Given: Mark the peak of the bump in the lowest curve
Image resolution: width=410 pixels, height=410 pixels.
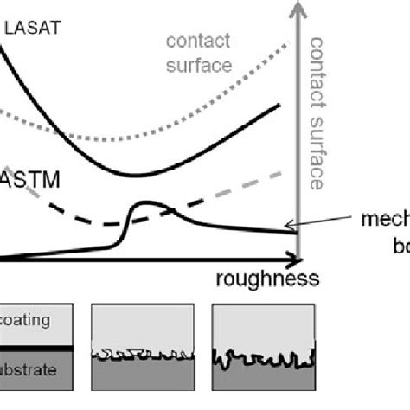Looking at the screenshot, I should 148,204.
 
